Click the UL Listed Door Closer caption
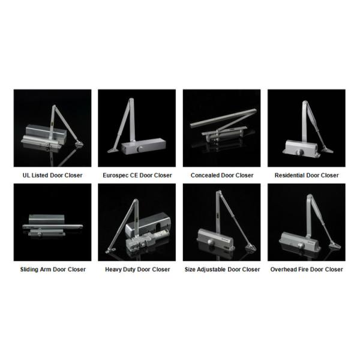[x=52, y=175]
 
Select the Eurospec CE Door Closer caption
[x=137, y=175]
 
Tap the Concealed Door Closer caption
[x=222, y=175]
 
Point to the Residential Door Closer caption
[x=307, y=175]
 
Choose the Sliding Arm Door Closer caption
[x=52, y=269]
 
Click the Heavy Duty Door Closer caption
[x=137, y=269]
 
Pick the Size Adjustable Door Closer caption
[x=222, y=269]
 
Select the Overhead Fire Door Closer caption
[x=307, y=269]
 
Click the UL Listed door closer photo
[x=52, y=128]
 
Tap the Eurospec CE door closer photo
[x=137, y=128]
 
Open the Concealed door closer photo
[x=222, y=128]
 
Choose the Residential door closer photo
[x=307, y=128]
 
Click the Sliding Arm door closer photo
[x=52, y=222]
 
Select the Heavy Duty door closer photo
[x=137, y=222]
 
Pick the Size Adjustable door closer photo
[x=222, y=222]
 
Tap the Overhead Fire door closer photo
[x=307, y=222]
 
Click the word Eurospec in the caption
[x=116, y=175]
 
